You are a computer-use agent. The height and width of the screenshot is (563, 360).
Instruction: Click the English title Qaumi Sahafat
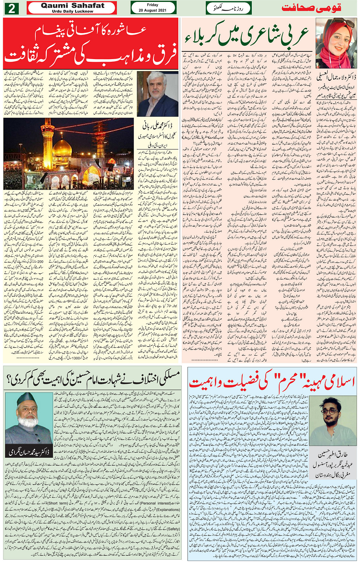[72, 5]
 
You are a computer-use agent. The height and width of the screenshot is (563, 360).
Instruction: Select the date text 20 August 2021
[153, 10]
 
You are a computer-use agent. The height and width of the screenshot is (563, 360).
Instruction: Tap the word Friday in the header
[153, 5]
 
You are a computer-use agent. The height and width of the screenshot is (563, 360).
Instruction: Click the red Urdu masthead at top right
[312, 8]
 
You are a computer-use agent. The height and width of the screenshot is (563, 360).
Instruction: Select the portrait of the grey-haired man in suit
[157, 94]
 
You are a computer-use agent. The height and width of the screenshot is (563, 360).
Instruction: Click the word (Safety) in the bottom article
[173, 529]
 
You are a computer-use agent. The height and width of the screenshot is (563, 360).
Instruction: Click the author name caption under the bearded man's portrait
[29, 452]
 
